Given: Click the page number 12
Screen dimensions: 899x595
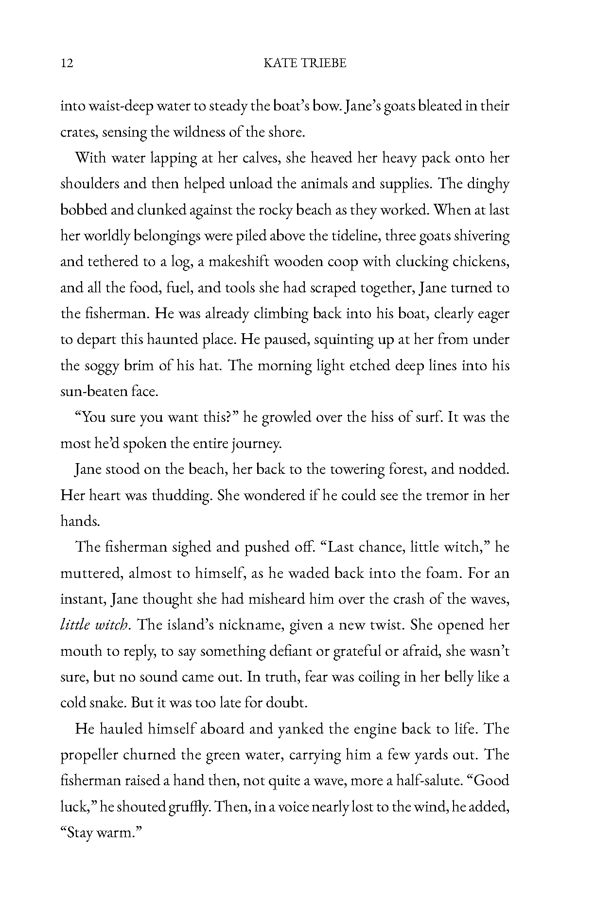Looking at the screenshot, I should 67,63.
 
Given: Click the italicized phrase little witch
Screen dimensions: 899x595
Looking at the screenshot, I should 95,625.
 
